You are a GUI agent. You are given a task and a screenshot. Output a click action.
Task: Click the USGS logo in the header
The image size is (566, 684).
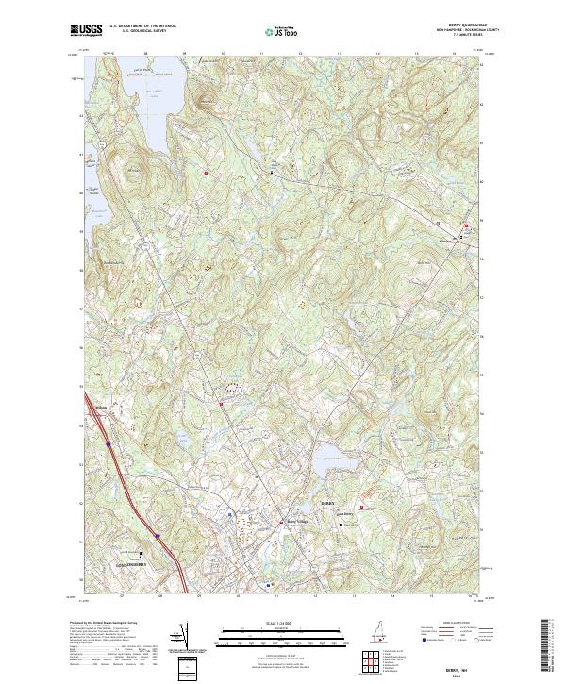[x=88, y=30]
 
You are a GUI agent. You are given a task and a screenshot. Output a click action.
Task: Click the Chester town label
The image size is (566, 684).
[x=447, y=238]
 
